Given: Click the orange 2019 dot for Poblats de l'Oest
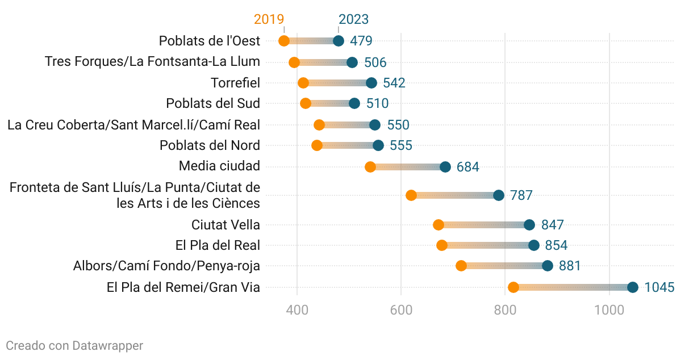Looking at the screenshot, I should tap(284, 41).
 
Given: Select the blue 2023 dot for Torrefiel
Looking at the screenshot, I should tap(371, 83).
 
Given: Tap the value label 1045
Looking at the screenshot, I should tap(659, 288).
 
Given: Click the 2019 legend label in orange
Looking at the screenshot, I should tap(269, 19).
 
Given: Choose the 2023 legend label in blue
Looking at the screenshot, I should tap(353, 19).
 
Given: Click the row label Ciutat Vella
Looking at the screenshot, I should tap(226, 225).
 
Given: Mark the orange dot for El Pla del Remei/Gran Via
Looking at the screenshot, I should tap(514, 287).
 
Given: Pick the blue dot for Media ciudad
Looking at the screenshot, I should tap(445, 167).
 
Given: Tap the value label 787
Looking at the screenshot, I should tap(521, 196).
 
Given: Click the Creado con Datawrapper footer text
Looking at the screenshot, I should tap(74, 345).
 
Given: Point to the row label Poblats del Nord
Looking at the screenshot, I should tap(210, 145).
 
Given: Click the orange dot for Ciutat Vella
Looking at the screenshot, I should tap(439, 225).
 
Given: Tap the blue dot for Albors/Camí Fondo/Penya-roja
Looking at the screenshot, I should tap(548, 266).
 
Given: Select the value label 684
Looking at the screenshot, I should tap(467, 168).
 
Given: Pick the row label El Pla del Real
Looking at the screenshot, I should tap(218, 245).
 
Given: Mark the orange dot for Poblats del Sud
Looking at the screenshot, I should tap(306, 103).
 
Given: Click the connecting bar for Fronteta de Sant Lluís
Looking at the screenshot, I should tap(454, 195).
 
